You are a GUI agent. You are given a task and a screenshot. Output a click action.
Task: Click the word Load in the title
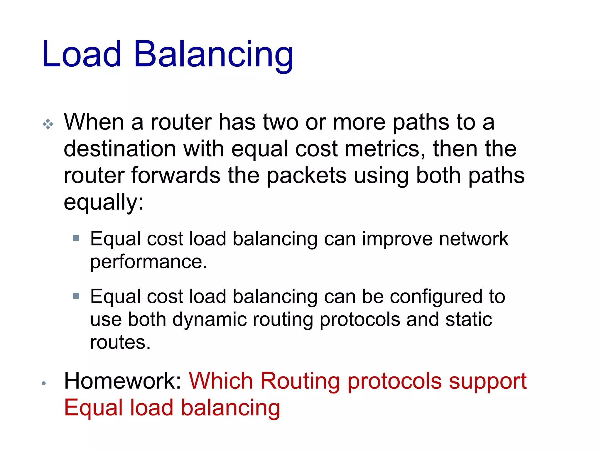[x=82, y=54]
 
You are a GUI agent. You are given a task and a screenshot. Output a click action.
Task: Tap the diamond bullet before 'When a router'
[x=48, y=124]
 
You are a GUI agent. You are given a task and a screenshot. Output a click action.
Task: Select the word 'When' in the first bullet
[x=94, y=122]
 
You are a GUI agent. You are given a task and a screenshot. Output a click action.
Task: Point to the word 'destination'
[x=120, y=149]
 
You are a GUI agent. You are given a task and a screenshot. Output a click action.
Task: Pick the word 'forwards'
[x=175, y=176]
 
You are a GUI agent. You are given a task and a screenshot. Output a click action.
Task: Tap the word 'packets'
[x=306, y=176]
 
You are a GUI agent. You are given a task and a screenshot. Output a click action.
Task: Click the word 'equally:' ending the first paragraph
[x=104, y=202]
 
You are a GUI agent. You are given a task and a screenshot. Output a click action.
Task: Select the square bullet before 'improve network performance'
[x=76, y=238]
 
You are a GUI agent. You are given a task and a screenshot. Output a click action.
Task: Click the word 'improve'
[x=397, y=239]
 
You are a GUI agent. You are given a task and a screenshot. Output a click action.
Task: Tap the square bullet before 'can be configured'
[x=76, y=296]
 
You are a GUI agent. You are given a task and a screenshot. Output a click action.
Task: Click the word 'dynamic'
[x=210, y=319]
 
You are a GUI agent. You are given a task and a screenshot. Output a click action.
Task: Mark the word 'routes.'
[x=120, y=342]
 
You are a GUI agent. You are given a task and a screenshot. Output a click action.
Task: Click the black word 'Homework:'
[x=123, y=381]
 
